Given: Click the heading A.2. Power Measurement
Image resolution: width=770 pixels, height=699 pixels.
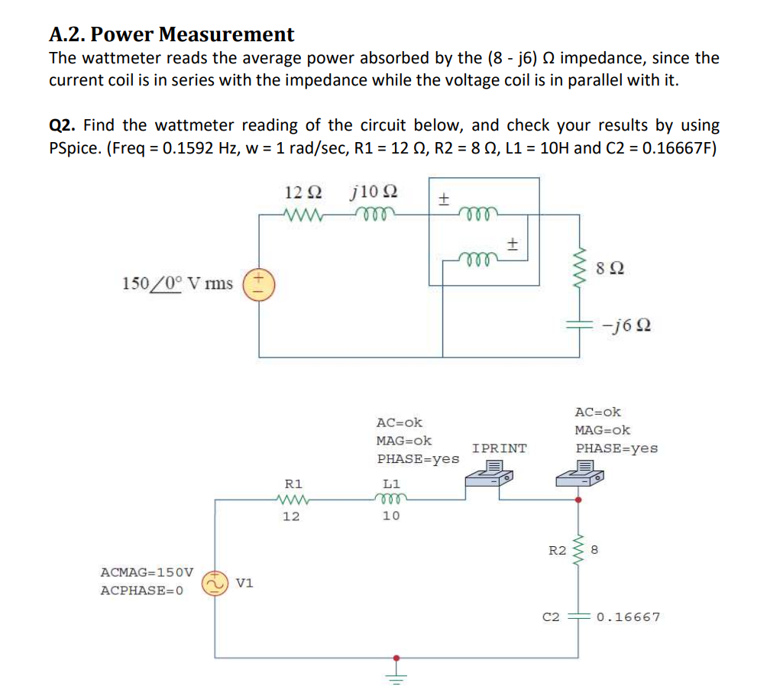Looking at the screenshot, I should click(x=171, y=34).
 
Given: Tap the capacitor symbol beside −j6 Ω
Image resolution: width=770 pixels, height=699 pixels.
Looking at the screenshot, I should click(x=578, y=325).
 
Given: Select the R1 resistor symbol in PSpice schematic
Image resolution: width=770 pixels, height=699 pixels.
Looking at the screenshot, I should click(x=293, y=500).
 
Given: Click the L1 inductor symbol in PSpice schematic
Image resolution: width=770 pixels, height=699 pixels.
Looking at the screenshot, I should click(x=391, y=500).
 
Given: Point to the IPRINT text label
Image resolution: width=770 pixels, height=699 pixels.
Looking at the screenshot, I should click(x=499, y=448).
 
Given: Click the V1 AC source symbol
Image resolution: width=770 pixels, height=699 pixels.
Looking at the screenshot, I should click(x=214, y=583).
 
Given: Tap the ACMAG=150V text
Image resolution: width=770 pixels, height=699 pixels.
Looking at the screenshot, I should click(x=147, y=571).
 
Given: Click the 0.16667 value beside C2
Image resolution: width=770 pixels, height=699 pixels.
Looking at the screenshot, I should click(x=629, y=616).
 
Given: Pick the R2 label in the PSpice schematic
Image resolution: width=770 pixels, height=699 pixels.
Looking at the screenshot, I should click(x=558, y=549).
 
